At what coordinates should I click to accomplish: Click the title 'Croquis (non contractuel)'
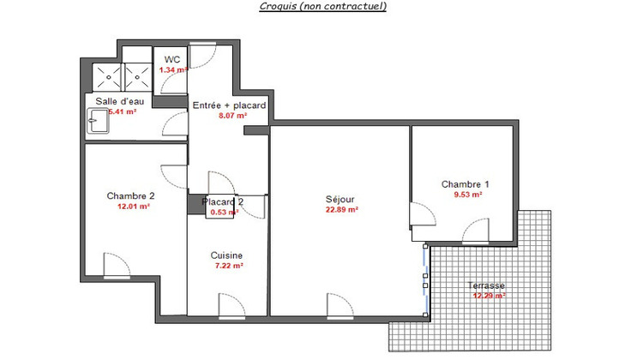coord(323,7)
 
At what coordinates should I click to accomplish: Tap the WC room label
coord(171,59)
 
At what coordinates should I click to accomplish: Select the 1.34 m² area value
coord(172,69)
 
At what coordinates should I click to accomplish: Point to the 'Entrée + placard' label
coord(229,105)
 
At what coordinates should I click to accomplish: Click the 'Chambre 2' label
coord(130,195)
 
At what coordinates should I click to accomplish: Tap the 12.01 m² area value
coord(133,207)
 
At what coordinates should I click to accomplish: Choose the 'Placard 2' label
coord(222,202)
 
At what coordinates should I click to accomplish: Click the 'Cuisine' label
coord(226,255)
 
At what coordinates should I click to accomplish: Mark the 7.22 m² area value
coord(229,267)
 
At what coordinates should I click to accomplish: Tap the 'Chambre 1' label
coord(466,184)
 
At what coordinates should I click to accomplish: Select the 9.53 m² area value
coord(467,195)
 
